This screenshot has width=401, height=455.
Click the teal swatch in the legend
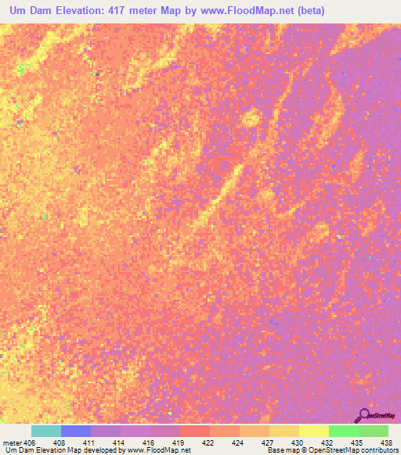click(x=46, y=432)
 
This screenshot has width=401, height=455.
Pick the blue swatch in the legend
click(x=76, y=432)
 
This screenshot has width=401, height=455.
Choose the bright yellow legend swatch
click(x=313, y=432)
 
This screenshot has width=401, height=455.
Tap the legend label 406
click(x=30, y=442)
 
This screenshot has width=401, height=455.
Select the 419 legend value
click(x=179, y=442)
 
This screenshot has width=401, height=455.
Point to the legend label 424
click(x=237, y=442)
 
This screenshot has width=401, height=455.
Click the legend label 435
click(x=357, y=442)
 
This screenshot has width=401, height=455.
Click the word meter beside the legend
click(x=12, y=442)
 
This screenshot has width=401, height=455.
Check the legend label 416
click(x=148, y=442)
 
